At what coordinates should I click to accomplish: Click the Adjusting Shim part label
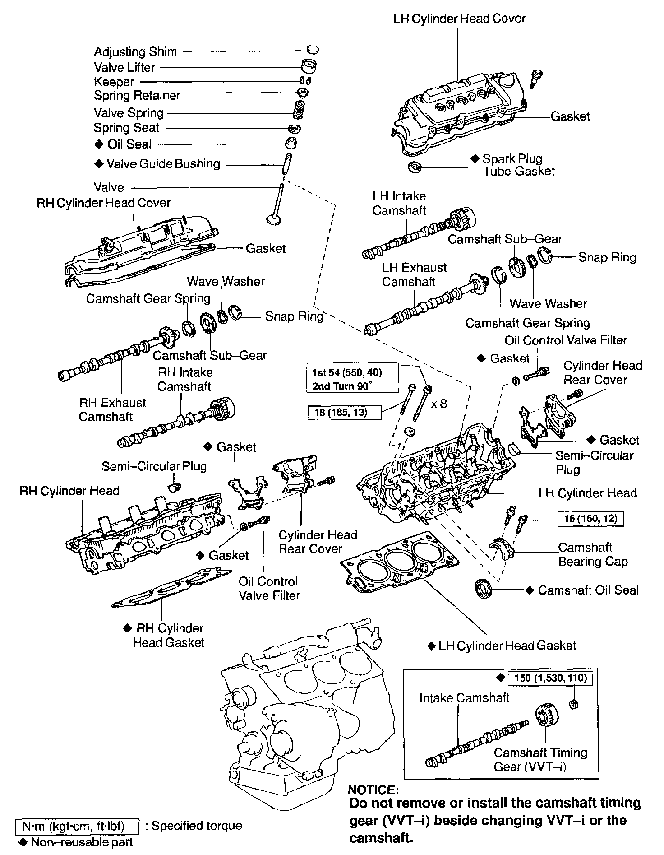tap(135, 52)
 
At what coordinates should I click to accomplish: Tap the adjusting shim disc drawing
tap(312, 50)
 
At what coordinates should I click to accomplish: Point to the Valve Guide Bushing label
tap(163, 164)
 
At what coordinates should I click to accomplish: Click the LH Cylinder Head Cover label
tap(459, 19)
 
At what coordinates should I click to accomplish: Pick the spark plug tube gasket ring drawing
tap(414, 167)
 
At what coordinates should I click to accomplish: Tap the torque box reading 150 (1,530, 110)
tap(550, 678)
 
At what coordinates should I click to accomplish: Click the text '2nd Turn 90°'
tap(343, 386)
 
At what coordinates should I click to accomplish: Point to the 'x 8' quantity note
tap(439, 404)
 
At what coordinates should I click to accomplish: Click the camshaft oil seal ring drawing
tap(484, 589)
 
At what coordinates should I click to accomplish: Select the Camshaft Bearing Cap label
tap(592, 554)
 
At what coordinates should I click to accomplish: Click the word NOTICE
tap(373, 790)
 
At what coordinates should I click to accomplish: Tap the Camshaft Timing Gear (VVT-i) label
tap(540, 759)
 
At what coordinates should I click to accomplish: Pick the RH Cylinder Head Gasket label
tap(169, 635)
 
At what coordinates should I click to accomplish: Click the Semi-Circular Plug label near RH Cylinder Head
tap(154, 466)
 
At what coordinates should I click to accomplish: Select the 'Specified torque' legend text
tap(197, 826)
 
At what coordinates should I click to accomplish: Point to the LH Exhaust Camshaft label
tap(414, 274)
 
